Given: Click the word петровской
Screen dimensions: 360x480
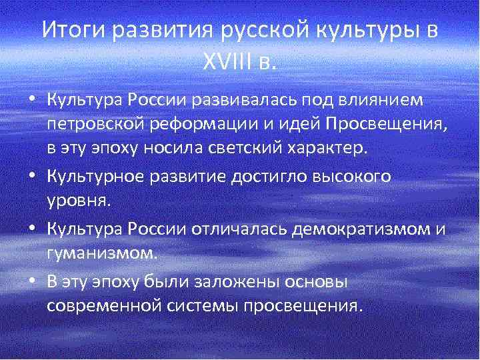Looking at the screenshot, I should pyautogui.click(x=91, y=125).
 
